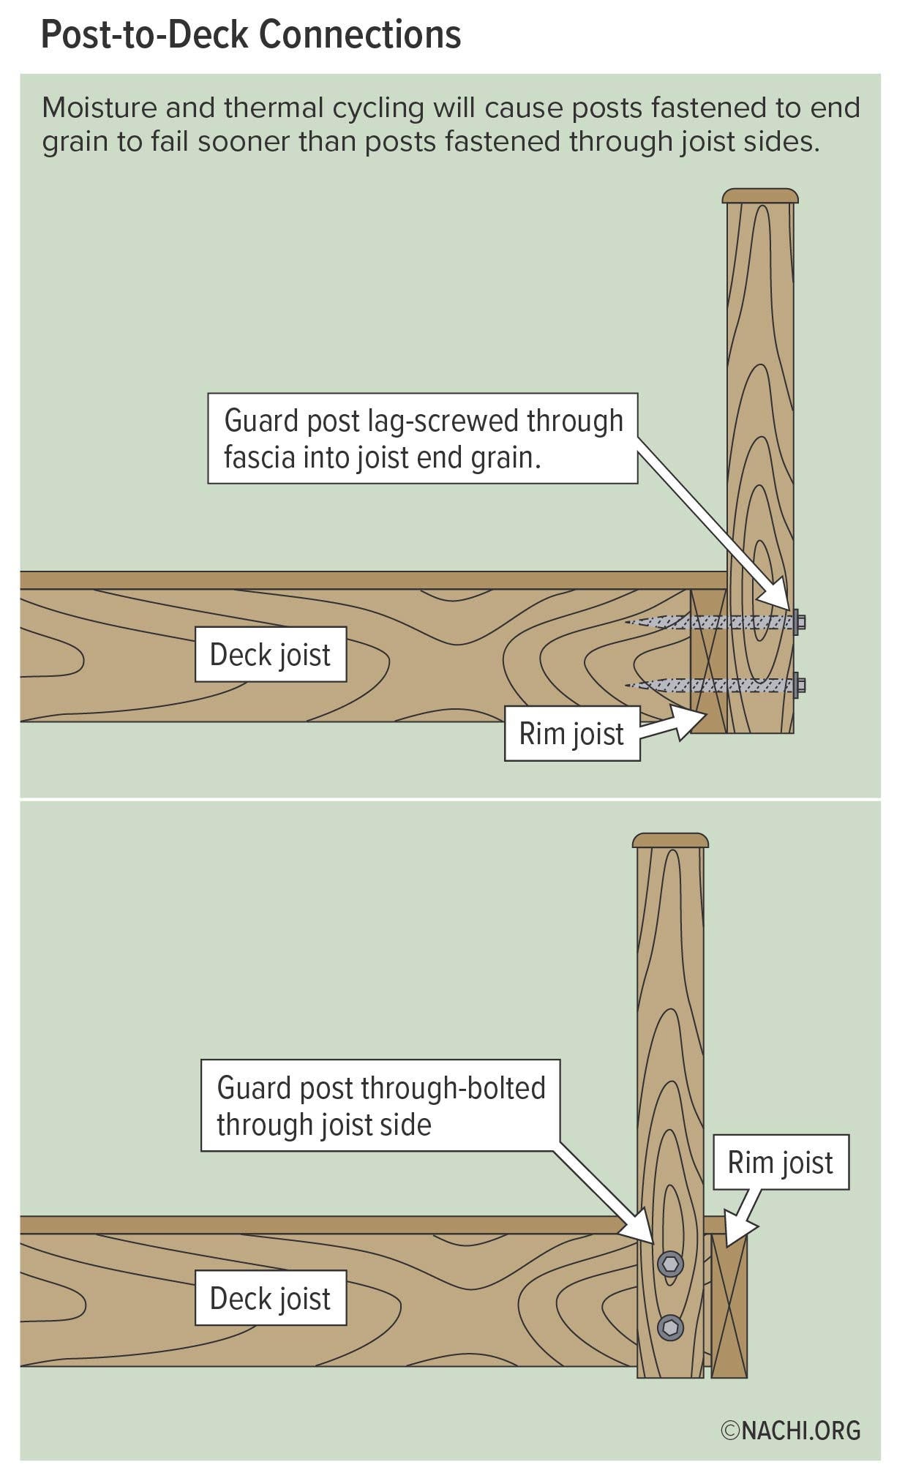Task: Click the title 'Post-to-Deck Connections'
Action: point(250,34)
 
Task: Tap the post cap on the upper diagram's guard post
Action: point(759,196)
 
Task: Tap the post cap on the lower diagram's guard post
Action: point(670,840)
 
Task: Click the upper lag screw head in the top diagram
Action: point(800,622)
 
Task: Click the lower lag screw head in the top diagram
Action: point(800,686)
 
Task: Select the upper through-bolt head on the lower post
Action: point(670,1264)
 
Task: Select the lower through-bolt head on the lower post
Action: point(670,1327)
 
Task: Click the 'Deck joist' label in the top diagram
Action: point(270,654)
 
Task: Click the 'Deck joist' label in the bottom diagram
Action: point(270,1298)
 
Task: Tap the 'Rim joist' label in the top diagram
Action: point(571,733)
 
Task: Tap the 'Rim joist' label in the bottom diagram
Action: point(780,1163)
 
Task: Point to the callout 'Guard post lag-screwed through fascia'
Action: point(422,438)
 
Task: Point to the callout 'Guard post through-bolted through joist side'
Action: point(380,1106)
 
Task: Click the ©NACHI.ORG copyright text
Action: point(790,1431)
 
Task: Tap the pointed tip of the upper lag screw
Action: point(629,623)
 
